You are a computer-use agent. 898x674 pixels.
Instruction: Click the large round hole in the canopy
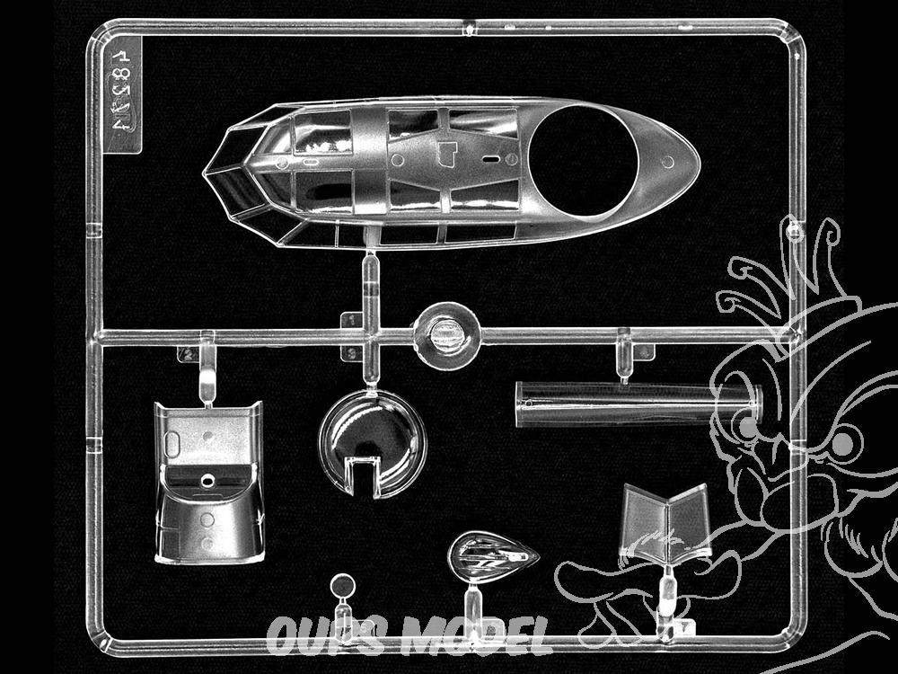(583, 153)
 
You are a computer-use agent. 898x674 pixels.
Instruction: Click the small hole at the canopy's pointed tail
(667, 162)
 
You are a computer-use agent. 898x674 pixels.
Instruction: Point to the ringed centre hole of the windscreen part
(208, 480)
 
